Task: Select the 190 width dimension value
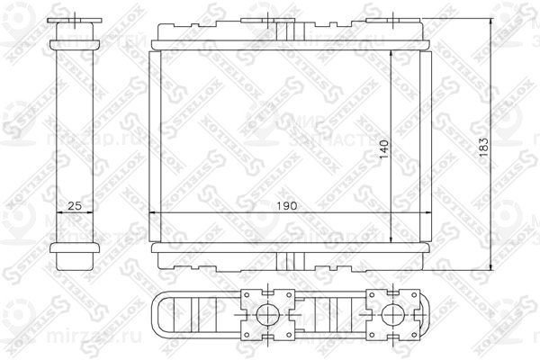click(x=288, y=206)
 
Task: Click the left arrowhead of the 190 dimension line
click(x=151, y=213)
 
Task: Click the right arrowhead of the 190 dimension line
click(x=427, y=213)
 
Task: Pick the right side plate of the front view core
click(x=427, y=144)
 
